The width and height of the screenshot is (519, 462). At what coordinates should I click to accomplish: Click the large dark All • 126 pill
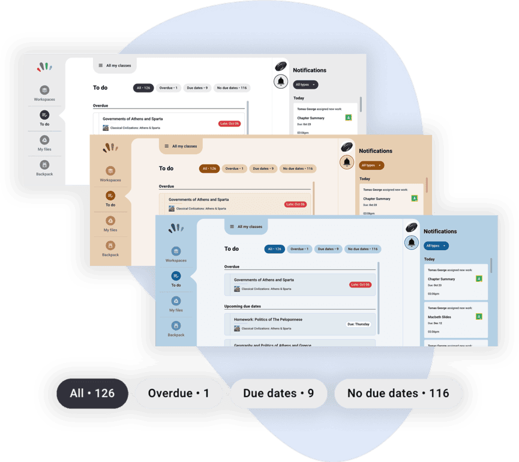(x=92, y=394)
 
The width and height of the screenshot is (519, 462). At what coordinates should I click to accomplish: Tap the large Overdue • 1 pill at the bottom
(x=179, y=394)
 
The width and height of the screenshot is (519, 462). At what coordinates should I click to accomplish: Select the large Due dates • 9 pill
(x=278, y=394)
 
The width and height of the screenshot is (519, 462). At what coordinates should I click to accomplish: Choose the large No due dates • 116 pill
(x=398, y=394)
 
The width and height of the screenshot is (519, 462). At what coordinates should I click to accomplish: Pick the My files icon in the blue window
(x=176, y=301)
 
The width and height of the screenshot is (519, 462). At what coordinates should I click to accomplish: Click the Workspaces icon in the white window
(x=44, y=90)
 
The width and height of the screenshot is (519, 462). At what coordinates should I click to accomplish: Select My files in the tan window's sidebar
(x=110, y=221)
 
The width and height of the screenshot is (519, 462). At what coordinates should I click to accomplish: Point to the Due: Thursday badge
(x=359, y=324)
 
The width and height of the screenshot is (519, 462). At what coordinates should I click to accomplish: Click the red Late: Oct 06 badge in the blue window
(x=360, y=284)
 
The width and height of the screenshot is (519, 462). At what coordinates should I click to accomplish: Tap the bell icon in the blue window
(x=412, y=242)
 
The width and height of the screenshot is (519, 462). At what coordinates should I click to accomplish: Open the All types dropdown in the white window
(x=305, y=85)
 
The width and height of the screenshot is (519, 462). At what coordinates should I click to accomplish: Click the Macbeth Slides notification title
(x=439, y=317)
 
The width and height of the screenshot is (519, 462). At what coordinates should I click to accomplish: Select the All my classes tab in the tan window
(x=181, y=146)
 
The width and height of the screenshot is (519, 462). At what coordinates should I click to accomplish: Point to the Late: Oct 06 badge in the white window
(x=229, y=124)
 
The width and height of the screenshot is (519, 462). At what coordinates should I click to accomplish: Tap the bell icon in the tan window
(x=347, y=162)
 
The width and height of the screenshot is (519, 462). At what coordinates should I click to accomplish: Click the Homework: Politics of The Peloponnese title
(x=268, y=320)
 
